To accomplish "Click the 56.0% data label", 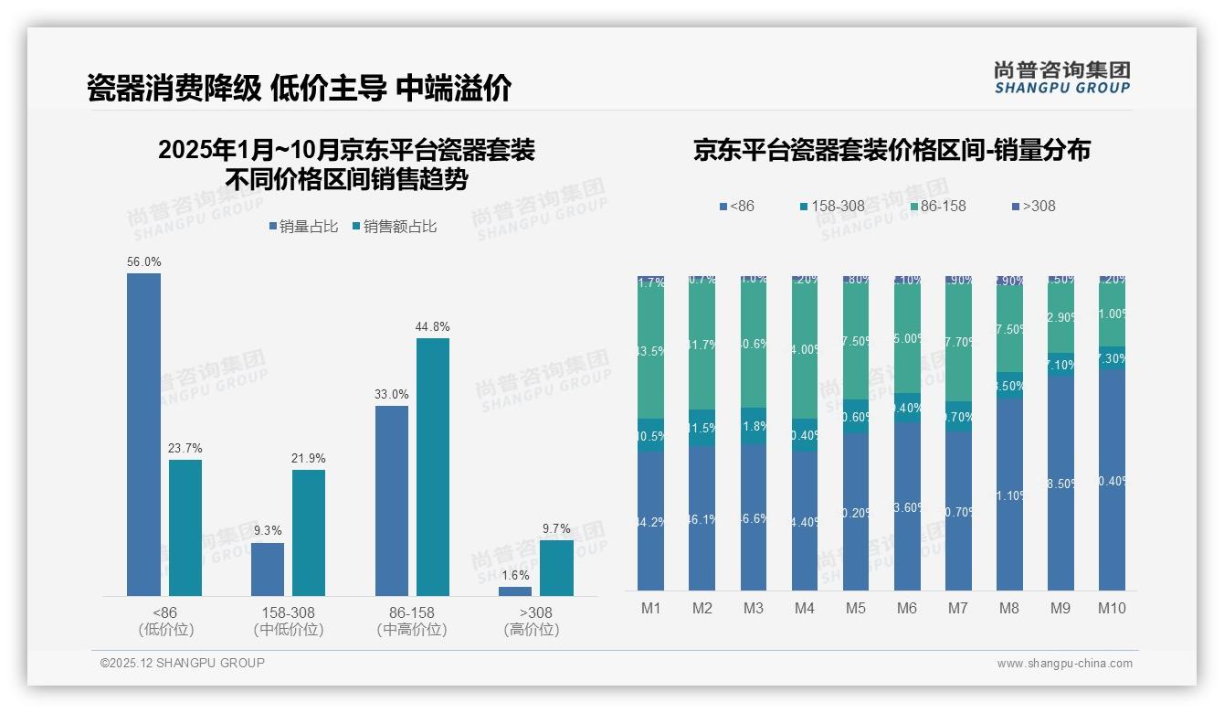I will pos(144,262).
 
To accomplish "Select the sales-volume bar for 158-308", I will pos(268,569).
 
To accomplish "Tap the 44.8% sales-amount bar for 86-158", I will pos(433,467).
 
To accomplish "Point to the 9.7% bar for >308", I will pos(556,568).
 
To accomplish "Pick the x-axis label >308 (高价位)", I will pos(531,621).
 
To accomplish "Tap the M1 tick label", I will pos(650,608).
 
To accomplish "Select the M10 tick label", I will pos(1112,608).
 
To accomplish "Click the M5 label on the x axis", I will pos(855,608).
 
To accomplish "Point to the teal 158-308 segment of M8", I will pos(1009,385).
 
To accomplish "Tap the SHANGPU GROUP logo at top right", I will pos(1061,77).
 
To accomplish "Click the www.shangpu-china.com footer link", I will pos(1064,664).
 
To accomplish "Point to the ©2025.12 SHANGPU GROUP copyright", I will pos(183,663).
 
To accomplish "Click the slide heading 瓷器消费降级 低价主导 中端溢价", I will pos(299,88).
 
